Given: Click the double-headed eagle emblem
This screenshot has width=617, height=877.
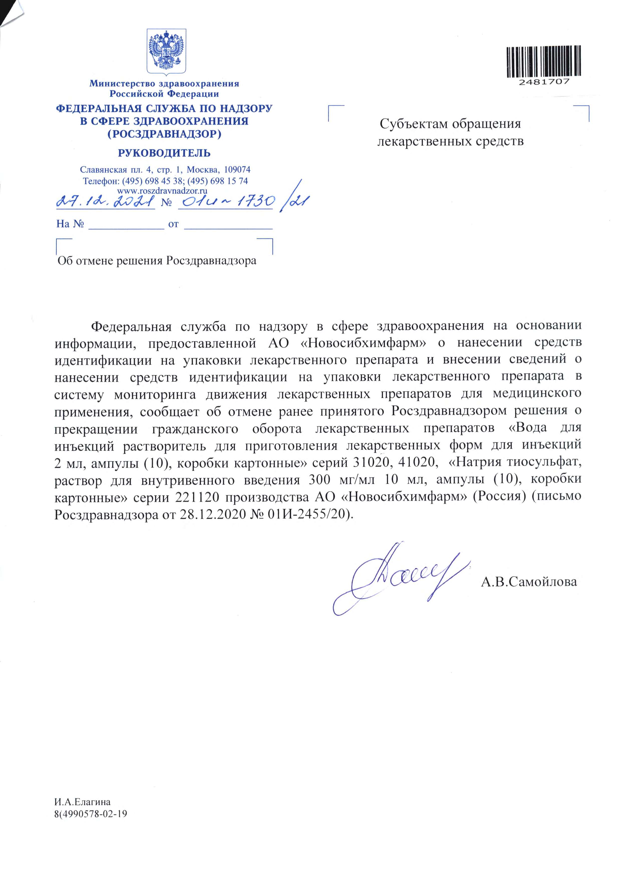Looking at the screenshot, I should click(167, 52).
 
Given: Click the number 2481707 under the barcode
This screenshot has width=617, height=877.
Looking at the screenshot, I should click(544, 82).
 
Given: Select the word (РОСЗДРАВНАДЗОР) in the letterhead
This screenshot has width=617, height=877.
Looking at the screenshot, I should click(164, 134).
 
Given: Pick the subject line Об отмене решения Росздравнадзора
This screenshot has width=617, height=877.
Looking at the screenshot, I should click(157, 261).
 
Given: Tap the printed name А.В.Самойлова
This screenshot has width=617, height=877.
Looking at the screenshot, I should click(529, 582).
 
